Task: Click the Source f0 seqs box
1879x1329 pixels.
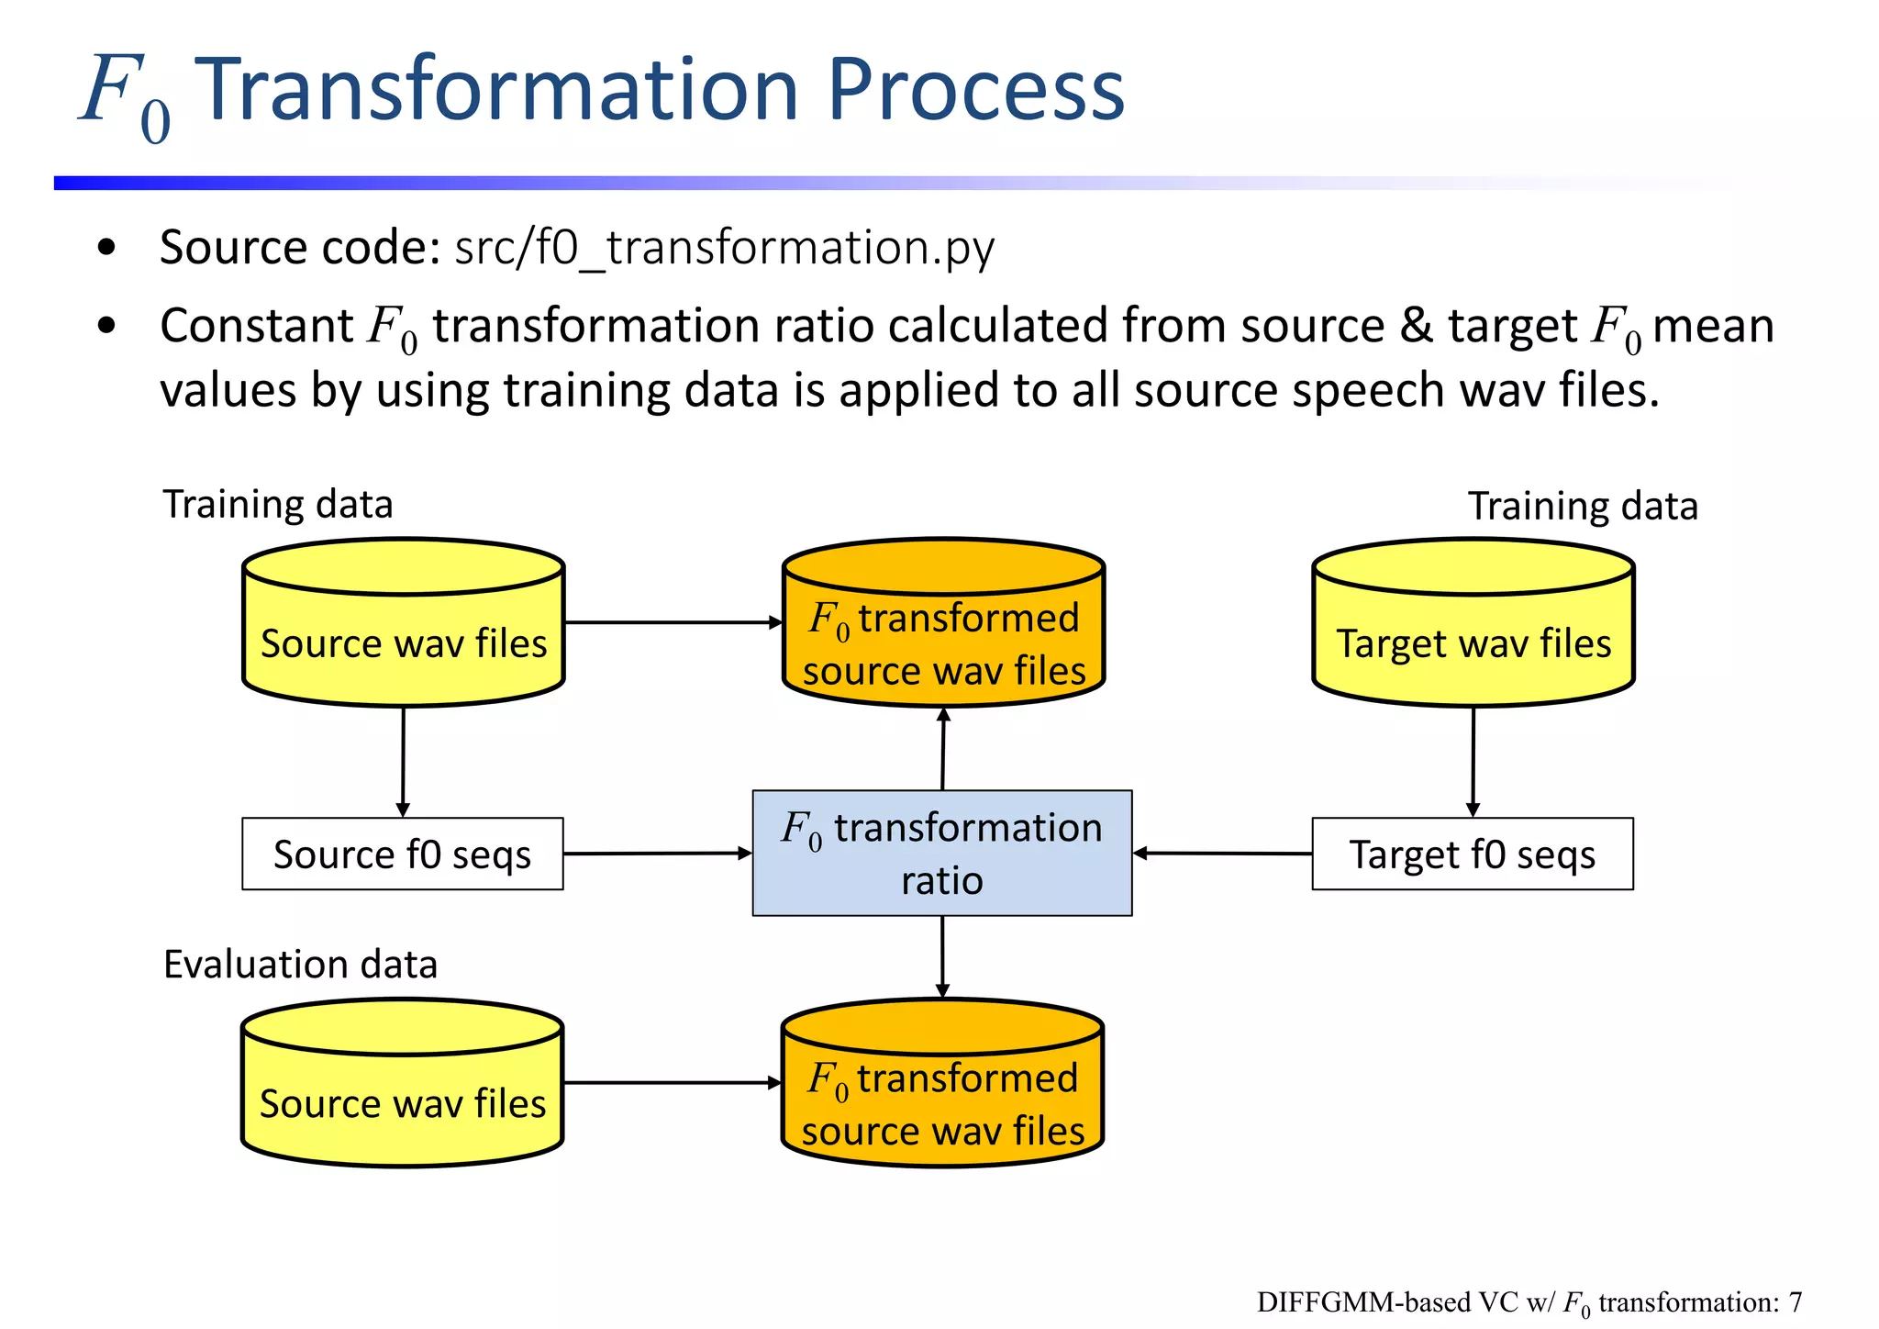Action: click(x=402, y=854)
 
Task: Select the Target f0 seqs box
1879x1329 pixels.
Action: click(x=1472, y=854)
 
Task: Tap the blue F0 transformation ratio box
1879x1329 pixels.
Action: click(x=942, y=854)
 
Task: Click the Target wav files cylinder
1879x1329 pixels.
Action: click(x=1473, y=633)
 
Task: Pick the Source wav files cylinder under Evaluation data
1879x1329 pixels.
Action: click(x=402, y=1092)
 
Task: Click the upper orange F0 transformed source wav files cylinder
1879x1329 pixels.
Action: click(x=943, y=633)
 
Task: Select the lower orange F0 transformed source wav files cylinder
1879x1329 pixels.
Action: click(x=942, y=1092)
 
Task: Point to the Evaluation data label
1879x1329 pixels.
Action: click(x=300, y=965)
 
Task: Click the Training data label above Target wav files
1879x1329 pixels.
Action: click(x=1583, y=507)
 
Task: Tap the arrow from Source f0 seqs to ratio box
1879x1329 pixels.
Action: click(x=657, y=854)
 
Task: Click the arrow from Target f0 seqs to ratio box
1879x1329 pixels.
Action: click(x=1222, y=854)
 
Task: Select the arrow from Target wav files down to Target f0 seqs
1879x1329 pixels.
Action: click(x=1473, y=760)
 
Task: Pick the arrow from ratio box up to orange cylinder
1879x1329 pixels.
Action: click(x=943, y=748)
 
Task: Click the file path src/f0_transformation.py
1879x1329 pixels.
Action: click(x=724, y=248)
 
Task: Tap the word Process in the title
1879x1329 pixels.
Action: click(x=975, y=90)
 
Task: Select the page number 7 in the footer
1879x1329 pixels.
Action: click(x=1795, y=1302)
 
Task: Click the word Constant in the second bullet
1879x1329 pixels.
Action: click(x=257, y=326)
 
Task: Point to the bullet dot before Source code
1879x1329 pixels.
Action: click(x=106, y=248)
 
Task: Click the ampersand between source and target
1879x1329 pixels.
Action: click(x=1416, y=326)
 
